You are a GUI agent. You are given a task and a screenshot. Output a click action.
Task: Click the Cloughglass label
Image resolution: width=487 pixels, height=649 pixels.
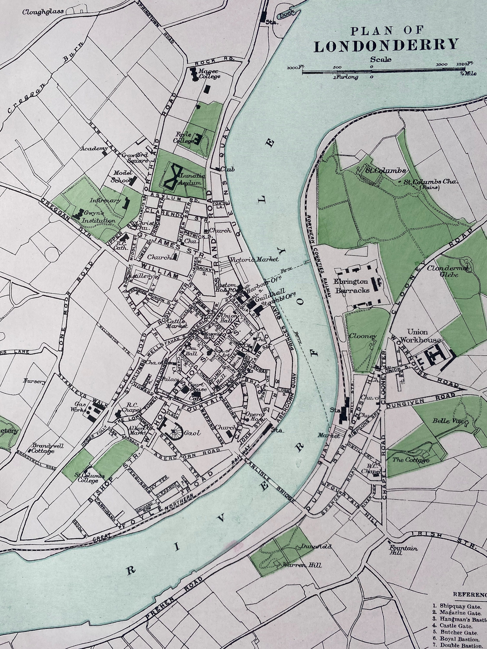(43, 12)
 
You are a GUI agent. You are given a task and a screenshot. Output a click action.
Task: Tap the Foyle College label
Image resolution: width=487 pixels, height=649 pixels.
(184, 138)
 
